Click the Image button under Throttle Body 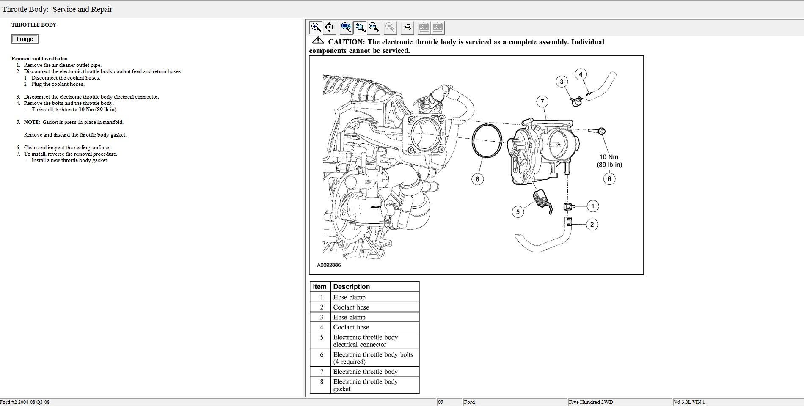[x=25, y=39]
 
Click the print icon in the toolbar [x=408, y=27]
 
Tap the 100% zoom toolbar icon [x=346, y=27]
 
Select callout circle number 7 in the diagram [x=542, y=101]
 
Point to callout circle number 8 [x=477, y=179]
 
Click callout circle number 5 [x=518, y=211]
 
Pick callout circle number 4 [x=581, y=74]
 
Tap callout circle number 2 [x=592, y=225]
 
